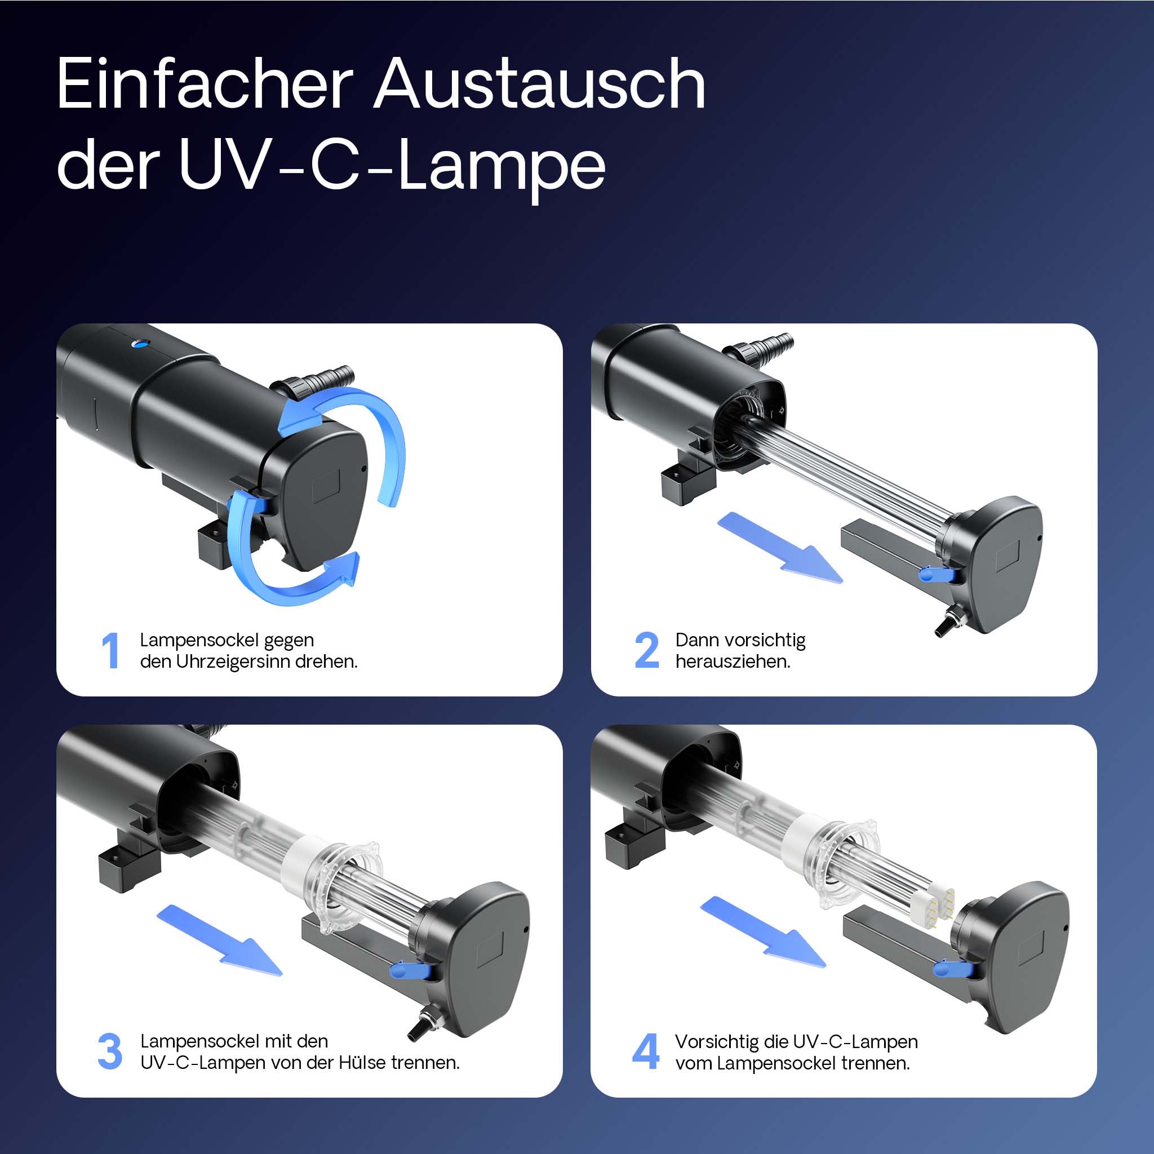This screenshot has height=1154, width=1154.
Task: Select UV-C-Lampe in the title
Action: [391, 166]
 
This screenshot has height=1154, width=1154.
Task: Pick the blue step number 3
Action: [110, 1052]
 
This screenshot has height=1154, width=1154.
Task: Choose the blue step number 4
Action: [646, 1052]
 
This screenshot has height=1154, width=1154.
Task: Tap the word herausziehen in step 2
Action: [733, 662]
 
